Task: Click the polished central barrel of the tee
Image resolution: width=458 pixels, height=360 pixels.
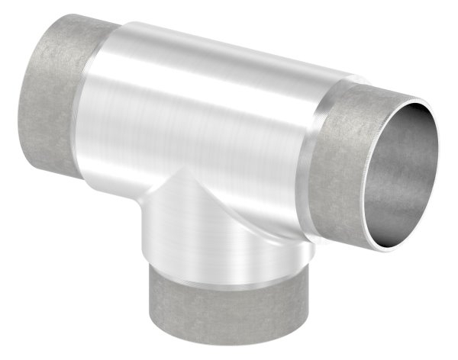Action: coord(198,114)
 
